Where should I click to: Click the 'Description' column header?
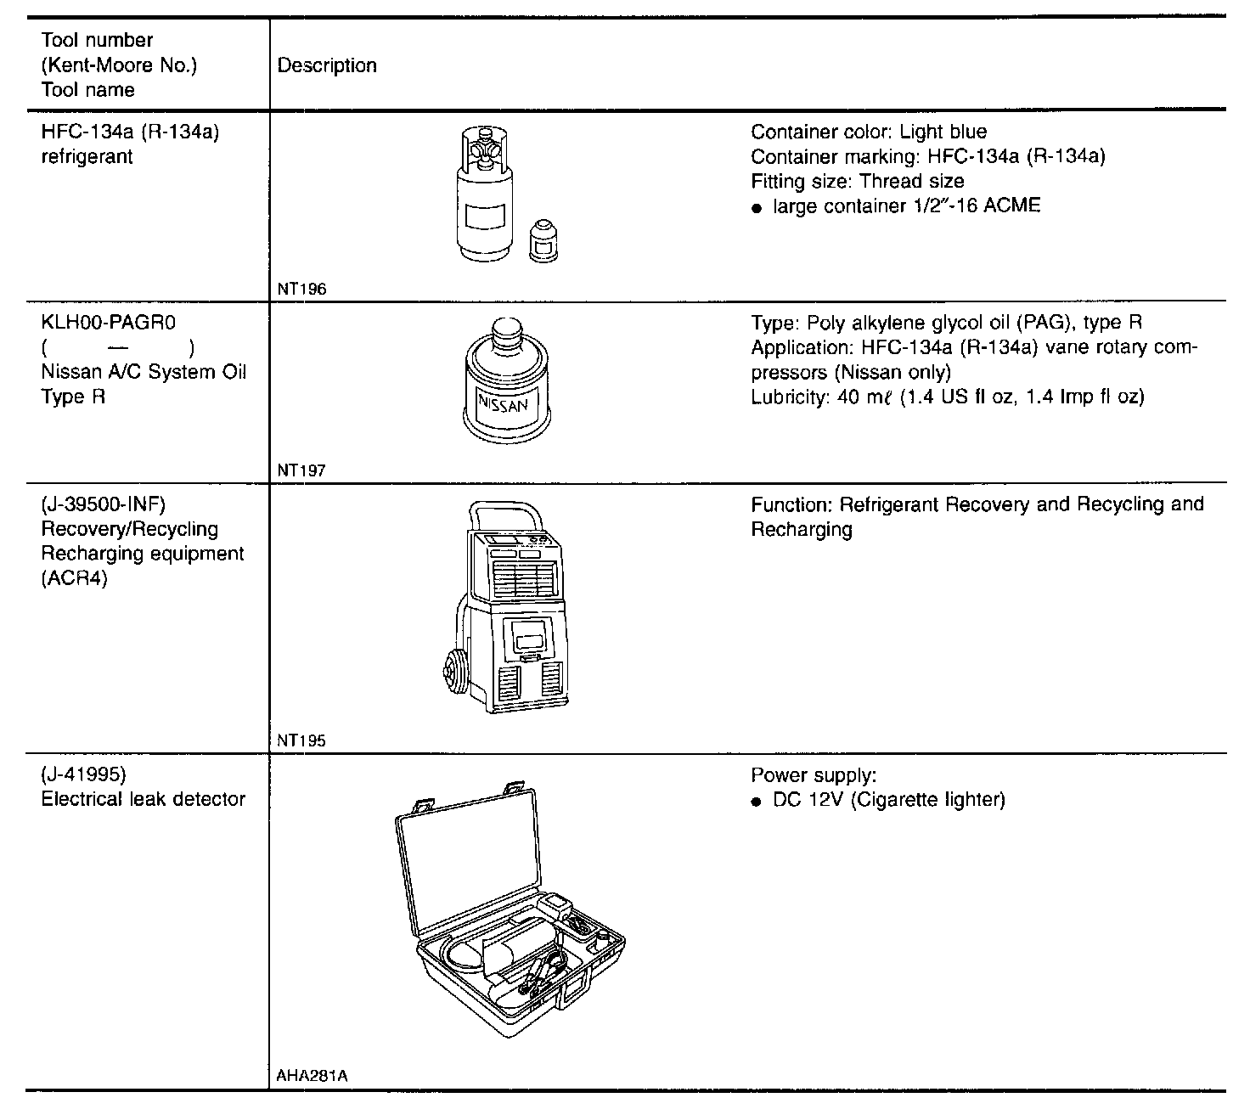(x=327, y=65)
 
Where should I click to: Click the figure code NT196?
(x=301, y=290)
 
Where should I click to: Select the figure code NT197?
(x=301, y=470)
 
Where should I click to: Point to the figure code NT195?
(x=301, y=740)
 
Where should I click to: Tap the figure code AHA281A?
(x=312, y=1076)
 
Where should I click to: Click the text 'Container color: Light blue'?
(x=869, y=132)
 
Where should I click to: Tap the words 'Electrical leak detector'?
(x=143, y=799)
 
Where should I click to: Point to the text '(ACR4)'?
(x=74, y=579)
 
